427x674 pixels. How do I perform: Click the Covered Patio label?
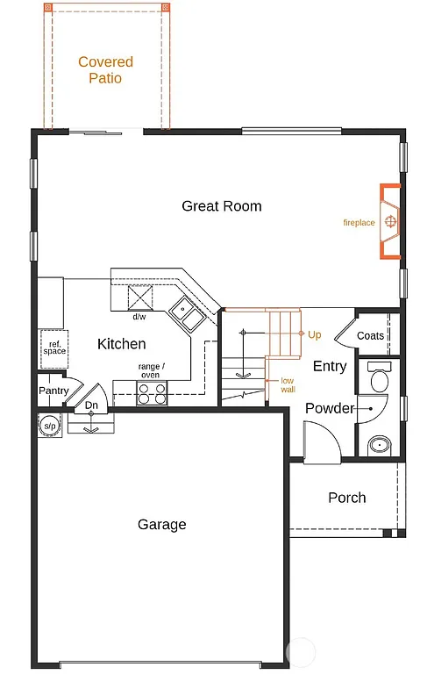coord(105,70)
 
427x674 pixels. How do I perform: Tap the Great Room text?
coord(222,206)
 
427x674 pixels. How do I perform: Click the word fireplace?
coord(359,223)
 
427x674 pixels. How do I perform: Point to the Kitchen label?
coord(121,344)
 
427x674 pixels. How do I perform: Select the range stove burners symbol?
coord(151,393)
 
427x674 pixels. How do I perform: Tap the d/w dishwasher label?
coord(139,317)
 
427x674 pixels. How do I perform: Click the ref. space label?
coord(54,348)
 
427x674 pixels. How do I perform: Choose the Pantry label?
coord(53,391)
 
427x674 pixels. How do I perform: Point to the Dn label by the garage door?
coord(91,405)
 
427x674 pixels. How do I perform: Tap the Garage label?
coord(162,525)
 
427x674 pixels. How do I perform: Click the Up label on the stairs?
coord(315,334)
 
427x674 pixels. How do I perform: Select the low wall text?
coord(288,384)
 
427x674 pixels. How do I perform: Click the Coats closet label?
coord(370,336)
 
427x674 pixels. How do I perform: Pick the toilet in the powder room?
coord(380,378)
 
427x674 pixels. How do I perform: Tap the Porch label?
coord(347,498)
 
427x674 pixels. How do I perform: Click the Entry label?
coord(330,366)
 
